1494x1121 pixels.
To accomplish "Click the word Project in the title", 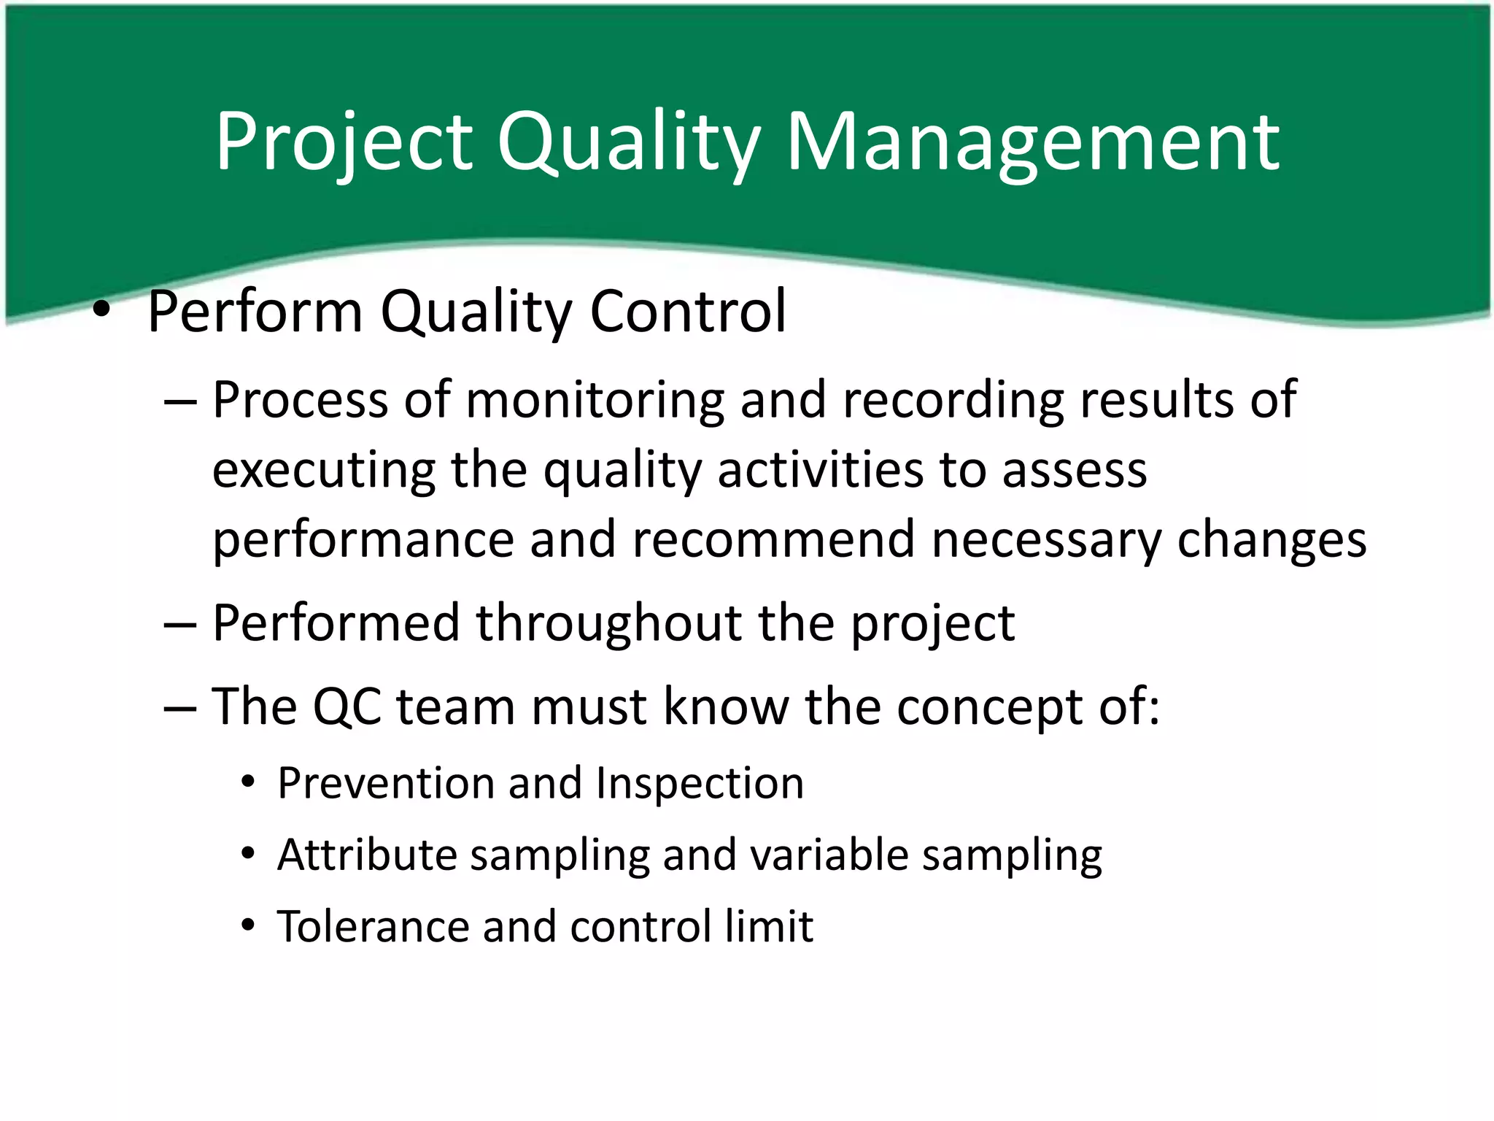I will pos(343,142).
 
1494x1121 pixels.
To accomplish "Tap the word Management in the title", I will pos(1032,142).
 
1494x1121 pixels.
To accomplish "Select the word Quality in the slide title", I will pos(629,142).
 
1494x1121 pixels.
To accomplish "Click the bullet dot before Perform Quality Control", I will pos(101,312).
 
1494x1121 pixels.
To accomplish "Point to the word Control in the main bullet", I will pos(687,312).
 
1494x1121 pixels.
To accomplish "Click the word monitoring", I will pos(594,401).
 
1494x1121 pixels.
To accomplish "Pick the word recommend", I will pos(773,540).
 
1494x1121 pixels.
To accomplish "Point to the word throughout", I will pos(608,625).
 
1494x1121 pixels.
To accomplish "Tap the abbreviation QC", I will pos(347,706).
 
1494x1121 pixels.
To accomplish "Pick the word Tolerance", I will pos(372,927).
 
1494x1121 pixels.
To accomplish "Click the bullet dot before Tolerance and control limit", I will pos(249,926).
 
